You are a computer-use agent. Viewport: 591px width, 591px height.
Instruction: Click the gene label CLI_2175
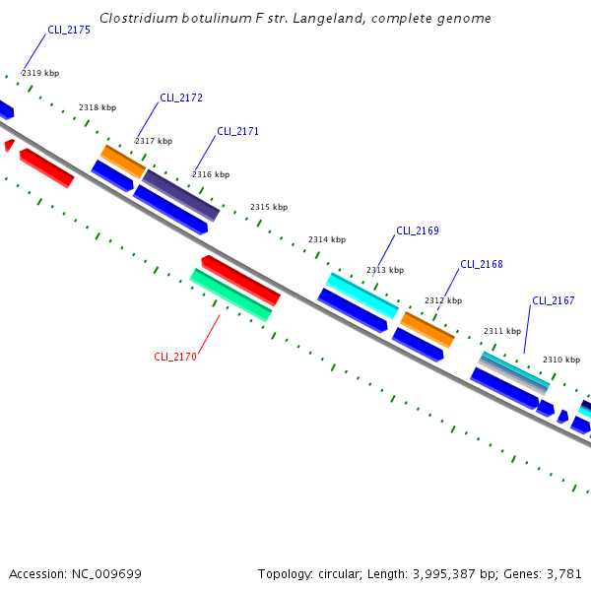click(x=69, y=31)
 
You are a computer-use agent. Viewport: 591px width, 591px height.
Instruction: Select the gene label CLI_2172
click(x=181, y=98)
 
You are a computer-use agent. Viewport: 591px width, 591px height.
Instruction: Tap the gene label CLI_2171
click(x=237, y=131)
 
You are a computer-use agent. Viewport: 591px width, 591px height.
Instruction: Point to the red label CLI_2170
click(x=175, y=358)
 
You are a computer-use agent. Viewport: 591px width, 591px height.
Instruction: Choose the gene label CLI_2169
click(x=418, y=231)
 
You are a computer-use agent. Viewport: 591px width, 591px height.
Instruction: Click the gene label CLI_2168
click(x=482, y=265)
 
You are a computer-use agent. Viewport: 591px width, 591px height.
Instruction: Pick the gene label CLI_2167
click(x=554, y=301)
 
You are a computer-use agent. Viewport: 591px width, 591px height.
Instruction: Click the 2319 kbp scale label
click(x=40, y=74)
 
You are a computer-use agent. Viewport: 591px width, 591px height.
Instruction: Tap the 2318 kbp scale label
click(x=98, y=108)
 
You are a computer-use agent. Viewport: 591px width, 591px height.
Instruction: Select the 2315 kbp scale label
click(x=269, y=208)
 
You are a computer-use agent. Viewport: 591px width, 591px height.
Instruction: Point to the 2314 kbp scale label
click(x=327, y=240)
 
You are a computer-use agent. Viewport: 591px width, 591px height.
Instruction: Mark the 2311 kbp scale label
click(x=502, y=332)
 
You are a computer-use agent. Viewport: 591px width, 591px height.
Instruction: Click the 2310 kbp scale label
click(x=561, y=361)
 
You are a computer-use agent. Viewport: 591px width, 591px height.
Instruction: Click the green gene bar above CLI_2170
click(x=230, y=295)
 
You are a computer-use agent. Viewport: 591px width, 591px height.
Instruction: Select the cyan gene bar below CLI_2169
click(x=361, y=296)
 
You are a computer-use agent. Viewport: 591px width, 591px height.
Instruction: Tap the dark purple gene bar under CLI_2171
click(x=181, y=195)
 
